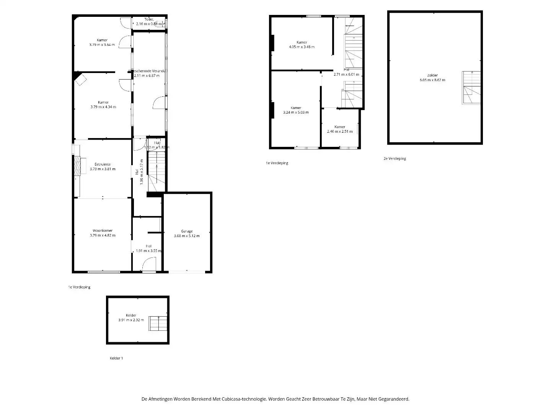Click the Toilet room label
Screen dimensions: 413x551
[x=149, y=19]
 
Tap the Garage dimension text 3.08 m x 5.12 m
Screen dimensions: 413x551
[x=187, y=236]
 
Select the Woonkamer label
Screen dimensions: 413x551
[x=103, y=231]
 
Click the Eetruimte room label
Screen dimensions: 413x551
[x=103, y=164]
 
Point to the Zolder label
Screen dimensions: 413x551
[x=432, y=75]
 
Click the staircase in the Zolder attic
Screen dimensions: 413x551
[x=471, y=88]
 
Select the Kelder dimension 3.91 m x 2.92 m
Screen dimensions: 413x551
[x=131, y=320]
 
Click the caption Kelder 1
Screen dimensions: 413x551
[x=116, y=358]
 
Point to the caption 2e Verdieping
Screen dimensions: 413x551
[x=395, y=158]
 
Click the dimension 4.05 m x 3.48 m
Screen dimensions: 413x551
[x=302, y=47]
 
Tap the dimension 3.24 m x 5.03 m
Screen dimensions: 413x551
[x=296, y=112]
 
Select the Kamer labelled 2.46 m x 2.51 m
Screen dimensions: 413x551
[x=340, y=127]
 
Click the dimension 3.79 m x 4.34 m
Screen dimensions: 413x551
[x=103, y=107]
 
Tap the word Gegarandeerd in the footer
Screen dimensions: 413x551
[x=396, y=399]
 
